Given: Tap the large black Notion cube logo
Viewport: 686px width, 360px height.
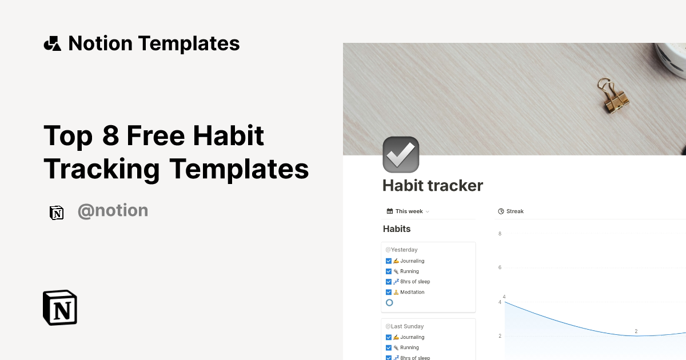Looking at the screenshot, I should [60, 307].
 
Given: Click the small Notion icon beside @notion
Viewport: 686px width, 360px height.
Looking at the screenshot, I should [57, 213].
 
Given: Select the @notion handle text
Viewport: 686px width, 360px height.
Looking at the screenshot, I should [113, 211].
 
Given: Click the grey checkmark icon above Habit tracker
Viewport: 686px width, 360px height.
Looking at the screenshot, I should [401, 154].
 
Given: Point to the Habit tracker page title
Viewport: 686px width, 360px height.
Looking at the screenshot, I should [433, 186].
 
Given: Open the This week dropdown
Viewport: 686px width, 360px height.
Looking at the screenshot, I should [408, 211].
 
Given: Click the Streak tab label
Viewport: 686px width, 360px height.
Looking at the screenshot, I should [514, 211].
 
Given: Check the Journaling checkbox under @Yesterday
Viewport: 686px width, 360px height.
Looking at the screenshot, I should [389, 261].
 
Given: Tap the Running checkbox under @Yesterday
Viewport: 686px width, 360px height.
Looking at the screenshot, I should [389, 271].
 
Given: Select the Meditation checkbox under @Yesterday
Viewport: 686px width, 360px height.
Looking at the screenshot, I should [389, 292].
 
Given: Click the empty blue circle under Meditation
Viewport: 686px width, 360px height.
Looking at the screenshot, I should [389, 302].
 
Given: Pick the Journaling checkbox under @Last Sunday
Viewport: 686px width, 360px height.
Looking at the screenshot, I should [389, 337].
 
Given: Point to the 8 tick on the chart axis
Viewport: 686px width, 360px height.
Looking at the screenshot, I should [500, 234].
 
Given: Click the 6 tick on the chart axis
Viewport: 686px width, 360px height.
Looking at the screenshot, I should [500, 267].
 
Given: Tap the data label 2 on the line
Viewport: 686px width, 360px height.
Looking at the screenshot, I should [636, 331].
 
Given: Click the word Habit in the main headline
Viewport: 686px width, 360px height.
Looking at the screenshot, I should [229, 136].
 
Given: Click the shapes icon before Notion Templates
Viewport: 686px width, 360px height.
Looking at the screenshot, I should [52, 43].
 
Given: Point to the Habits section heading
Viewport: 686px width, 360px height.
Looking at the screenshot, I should [397, 229].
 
